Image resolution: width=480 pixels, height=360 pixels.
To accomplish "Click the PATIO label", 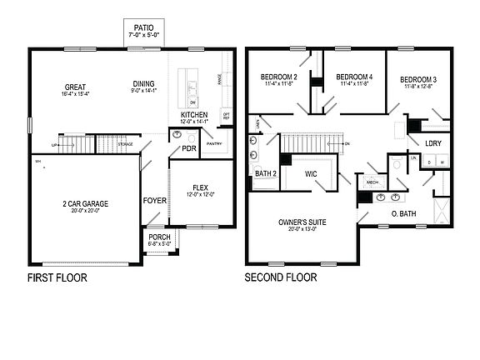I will coord(143,28).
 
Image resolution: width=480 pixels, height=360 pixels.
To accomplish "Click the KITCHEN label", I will coord(195,115).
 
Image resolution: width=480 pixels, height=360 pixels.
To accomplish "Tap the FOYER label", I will coord(154,201).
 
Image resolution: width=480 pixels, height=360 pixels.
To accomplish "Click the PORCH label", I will coord(159,237).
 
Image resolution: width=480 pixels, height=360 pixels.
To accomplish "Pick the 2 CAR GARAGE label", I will coord(84,203).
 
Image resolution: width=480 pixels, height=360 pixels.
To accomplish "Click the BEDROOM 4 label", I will coord(355,77).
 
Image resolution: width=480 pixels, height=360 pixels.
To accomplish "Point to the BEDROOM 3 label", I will coord(418,77).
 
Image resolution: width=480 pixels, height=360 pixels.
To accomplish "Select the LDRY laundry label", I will coord(432,143).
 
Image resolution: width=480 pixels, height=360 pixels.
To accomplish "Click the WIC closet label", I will coord(312,174).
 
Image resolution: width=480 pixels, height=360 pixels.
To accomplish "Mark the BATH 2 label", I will coord(265,173).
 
